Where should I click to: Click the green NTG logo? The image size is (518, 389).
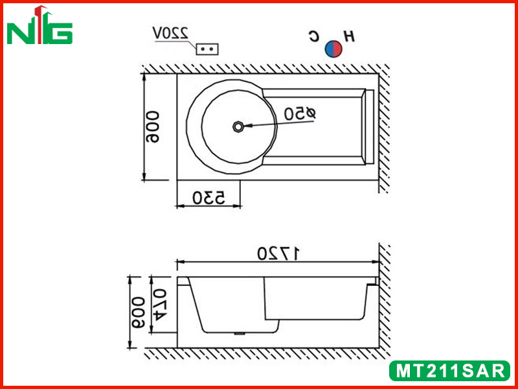(x=39, y=25)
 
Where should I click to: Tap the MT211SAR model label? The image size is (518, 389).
(x=449, y=371)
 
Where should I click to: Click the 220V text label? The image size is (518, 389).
(x=170, y=34)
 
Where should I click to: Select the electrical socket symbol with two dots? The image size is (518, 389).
(x=207, y=49)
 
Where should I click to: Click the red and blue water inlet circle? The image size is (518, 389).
(x=333, y=49)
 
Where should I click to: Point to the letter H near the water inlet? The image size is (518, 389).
(x=349, y=36)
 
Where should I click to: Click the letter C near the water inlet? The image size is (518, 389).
(x=314, y=36)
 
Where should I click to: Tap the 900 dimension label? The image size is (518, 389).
(x=153, y=126)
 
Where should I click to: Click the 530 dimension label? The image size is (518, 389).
(x=208, y=198)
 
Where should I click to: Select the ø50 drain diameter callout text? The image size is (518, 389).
(x=300, y=114)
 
